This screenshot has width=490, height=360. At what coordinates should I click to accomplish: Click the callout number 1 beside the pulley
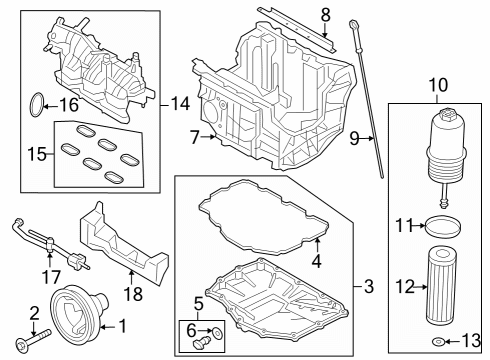[124, 326]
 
